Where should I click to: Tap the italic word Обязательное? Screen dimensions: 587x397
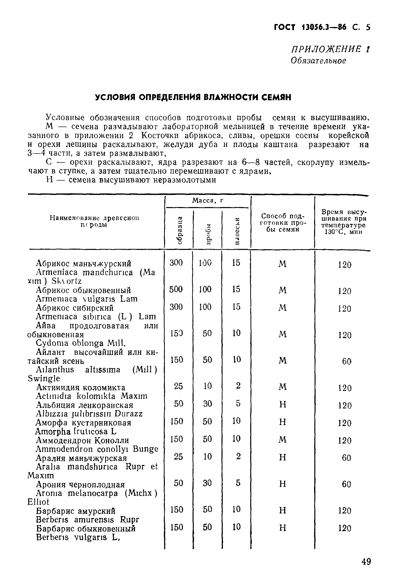pyautogui.click(x=318, y=61)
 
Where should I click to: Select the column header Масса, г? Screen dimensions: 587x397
pyautogui.click(x=208, y=201)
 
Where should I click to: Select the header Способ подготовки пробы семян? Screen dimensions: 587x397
pyautogui.click(x=283, y=222)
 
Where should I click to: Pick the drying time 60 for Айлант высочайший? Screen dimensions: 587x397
pyautogui.click(x=347, y=361)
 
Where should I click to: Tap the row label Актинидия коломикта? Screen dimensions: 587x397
pyautogui.click(x=80, y=387)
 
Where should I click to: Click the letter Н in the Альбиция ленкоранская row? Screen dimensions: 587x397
pyautogui.click(x=283, y=405)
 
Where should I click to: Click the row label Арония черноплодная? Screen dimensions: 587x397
pyautogui.click(x=80, y=484)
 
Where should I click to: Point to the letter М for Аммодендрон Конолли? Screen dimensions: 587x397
pyautogui.click(x=282, y=440)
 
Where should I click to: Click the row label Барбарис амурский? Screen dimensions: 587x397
pyautogui.click(x=75, y=511)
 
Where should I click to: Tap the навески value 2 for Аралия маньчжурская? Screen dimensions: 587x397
pyautogui.click(x=238, y=456)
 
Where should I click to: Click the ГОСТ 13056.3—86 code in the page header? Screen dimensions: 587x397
pyautogui.click(x=310, y=27)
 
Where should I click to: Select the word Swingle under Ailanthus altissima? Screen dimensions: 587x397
pyautogui.click(x=44, y=378)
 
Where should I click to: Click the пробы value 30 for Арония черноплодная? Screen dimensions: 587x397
pyautogui.click(x=207, y=483)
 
